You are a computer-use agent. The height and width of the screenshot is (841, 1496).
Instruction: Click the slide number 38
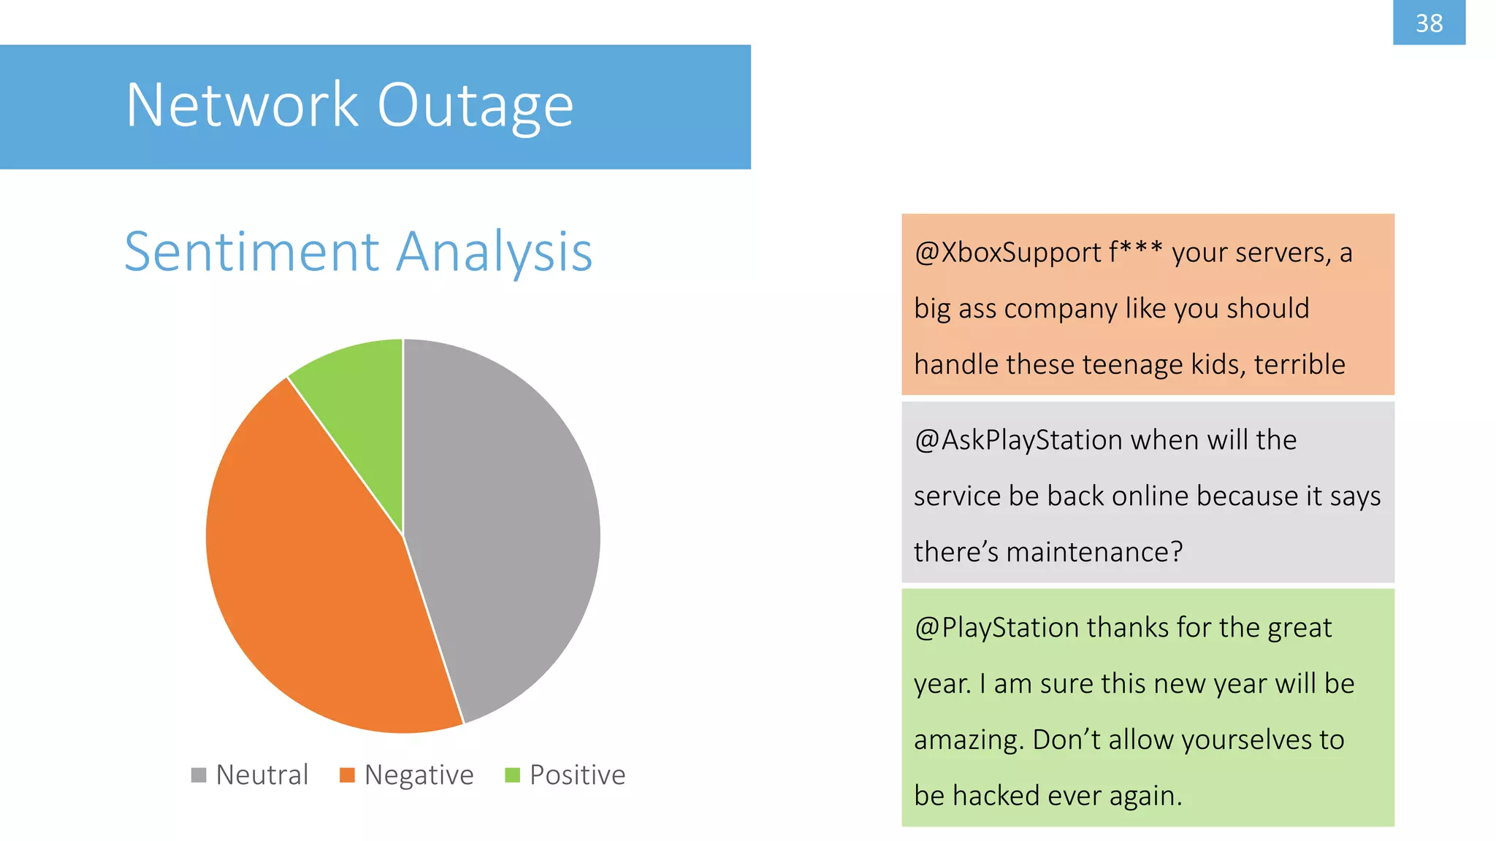pyautogui.click(x=1429, y=23)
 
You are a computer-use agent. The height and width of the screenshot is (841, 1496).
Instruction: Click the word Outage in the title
pyautogui.click(x=475, y=106)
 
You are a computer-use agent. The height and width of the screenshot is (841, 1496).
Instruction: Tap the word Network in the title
pyautogui.click(x=242, y=106)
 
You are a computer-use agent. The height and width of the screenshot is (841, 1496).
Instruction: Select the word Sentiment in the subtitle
pyautogui.click(x=252, y=252)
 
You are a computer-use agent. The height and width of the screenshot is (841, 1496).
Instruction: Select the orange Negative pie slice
pyautogui.click(x=314, y=577)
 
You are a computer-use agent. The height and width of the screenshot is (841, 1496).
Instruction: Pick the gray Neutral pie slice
pyautogui.click(x=504, y=526)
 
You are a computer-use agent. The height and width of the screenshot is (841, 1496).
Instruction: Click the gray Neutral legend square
pyautogui.click(x=199, y=775)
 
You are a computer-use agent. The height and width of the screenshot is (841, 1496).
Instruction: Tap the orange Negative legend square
pyautogui.click(x=347, y=775)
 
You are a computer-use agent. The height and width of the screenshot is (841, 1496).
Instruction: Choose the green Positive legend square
pyautogui.click(x=512, y=775)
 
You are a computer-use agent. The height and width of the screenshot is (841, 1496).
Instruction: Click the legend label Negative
pyautogui.click(x=419, y=775)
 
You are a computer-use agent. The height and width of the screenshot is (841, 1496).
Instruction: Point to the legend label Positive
pyautogui.click(x=578, y=775)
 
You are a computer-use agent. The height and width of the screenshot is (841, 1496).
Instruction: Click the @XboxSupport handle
pyautogui.click(x=1007, y=253)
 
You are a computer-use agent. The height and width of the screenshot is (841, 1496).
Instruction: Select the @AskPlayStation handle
pyautogui.click(x=1018, y=440)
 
